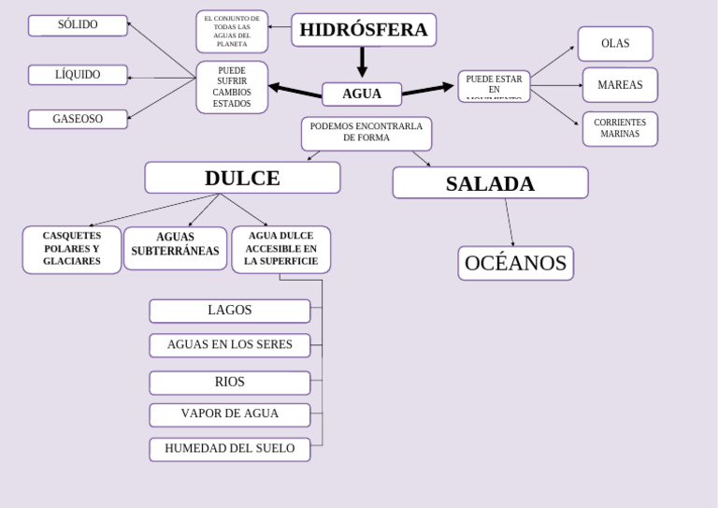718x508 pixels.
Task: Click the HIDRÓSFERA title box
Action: (364, 30)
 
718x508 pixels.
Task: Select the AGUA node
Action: (362, 94)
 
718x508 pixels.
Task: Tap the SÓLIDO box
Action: (78, 25)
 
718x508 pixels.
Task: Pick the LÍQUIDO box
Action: (78, 75)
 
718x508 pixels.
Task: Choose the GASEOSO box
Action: (78, 119)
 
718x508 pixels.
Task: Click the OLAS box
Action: (615, 44)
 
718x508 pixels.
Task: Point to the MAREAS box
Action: (620, 85)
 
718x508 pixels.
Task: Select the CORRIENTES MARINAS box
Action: (620, 129)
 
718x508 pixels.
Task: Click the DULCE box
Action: (242, 178)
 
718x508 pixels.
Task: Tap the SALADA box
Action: (490, 183)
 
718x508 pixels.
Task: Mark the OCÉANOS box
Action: (515, 264)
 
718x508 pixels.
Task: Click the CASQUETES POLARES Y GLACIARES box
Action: (72, 250)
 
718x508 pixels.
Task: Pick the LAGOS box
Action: (229, 311)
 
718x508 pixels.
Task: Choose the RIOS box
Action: (229, 383)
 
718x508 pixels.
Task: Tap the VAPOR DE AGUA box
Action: (229, 414)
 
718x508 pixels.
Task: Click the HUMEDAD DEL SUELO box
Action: (229, 449)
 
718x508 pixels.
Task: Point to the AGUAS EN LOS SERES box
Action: (229, 345)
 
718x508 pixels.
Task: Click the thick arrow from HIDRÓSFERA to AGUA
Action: (362, 62)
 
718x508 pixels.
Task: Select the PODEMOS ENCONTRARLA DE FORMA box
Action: (366, 133)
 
